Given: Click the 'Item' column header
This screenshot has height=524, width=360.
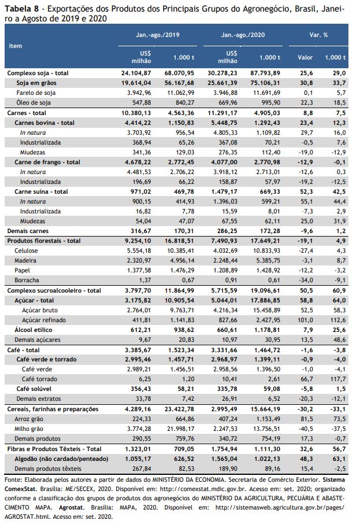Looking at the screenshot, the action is click(16, 46).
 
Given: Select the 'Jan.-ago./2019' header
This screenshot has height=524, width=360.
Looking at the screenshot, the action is click(157, 35).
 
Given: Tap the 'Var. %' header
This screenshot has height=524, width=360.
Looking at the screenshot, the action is click(318, 35).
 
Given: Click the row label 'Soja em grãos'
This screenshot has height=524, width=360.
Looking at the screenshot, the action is click(36, 83).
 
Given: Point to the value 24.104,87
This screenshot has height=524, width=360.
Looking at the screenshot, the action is click(136, 73).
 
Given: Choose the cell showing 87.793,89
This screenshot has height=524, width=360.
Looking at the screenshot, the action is click(265, 73).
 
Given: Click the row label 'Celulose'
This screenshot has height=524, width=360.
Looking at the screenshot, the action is click(26, 250).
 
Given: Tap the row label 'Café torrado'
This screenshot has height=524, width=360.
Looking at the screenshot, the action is click(39, 379).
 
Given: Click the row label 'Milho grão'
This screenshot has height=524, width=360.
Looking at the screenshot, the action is click(29, 429).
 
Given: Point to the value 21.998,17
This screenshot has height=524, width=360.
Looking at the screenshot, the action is click(181, 429).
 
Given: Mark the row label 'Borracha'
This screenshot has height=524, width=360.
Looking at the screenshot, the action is click(27, 281).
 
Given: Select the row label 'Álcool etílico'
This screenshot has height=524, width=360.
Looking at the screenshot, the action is click(34, 330).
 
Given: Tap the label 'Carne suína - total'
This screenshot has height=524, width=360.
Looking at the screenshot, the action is click(41, 192).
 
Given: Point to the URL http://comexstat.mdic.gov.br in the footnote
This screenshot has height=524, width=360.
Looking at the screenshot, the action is click(203, 489).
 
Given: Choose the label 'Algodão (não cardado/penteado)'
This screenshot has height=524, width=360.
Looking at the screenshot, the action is click(61, 459).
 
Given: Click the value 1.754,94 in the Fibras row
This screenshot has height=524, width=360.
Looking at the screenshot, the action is click(224, 449).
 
